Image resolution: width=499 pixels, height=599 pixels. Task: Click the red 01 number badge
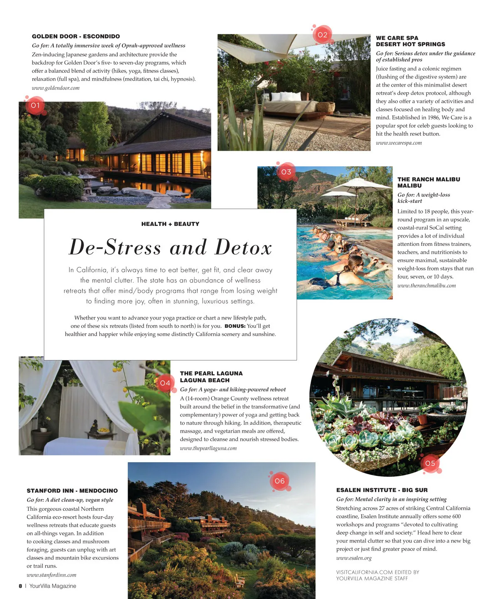coord(35,106)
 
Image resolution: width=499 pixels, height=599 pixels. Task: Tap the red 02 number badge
coord(322,35)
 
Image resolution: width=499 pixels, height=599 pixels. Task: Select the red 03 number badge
coord(286,172)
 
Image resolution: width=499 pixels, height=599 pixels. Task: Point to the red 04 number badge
coord(165,383)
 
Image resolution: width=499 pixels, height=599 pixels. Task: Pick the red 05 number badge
coord(430,463)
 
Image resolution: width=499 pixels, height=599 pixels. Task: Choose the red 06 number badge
coord(280,481)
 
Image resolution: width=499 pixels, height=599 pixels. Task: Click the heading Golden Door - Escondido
coord(76,37)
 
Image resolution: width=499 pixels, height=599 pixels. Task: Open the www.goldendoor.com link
coord(55,88)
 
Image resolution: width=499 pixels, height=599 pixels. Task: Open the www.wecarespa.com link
coord(398,143)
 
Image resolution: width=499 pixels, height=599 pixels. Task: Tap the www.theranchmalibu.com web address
coord(426,286)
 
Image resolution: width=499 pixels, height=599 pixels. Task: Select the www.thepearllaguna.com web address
coord(208,448)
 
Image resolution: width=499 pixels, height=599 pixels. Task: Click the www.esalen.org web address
coord(353,558)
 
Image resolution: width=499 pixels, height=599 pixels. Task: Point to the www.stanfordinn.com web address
coord(51,575)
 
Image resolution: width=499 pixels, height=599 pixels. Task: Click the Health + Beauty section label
coord(170,224)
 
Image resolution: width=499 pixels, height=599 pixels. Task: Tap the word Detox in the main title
coord(243,248)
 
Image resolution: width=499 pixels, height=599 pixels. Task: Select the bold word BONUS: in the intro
coord(235,326)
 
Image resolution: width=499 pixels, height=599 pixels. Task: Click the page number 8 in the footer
coord(20,586)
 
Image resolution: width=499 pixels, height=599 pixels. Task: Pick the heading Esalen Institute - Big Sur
coord(382,490)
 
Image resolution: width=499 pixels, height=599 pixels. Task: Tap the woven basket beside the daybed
coord(326,107)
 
